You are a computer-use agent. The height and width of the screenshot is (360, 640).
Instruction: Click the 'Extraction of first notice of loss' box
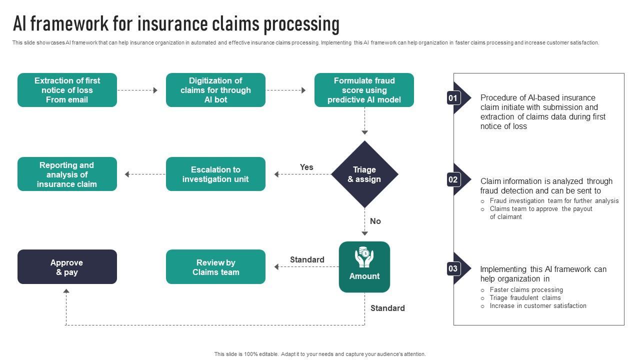pos(67,90)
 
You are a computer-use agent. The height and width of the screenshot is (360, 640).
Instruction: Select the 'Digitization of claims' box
pos(215,90)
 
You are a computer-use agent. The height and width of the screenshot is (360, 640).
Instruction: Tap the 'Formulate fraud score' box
pos(364,90)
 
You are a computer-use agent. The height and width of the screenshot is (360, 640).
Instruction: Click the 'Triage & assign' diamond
pos(364,174)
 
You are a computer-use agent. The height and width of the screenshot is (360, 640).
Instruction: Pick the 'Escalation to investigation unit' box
pos(215,174)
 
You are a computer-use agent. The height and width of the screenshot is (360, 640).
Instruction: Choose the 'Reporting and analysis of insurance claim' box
pos(67,174)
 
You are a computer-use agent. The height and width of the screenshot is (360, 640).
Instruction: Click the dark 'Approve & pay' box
pos(67,267)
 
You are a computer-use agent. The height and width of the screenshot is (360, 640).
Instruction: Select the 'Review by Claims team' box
pos(215,267)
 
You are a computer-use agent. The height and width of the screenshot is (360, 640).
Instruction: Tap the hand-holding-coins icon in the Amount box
pos(364,257)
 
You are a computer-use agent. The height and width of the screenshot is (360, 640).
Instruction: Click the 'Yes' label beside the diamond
pos(306,167)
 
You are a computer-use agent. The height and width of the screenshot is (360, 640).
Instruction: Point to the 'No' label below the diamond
pos(375,221)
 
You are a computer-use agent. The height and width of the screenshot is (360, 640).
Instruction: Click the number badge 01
pos(452,98)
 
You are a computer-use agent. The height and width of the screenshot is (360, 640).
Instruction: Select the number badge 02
pos(452,179)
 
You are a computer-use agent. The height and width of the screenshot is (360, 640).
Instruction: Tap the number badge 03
pos(452,268)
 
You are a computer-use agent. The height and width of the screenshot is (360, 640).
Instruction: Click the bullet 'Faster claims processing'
pos(526,290)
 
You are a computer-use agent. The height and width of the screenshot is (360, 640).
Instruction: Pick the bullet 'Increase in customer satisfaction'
pos(538,306)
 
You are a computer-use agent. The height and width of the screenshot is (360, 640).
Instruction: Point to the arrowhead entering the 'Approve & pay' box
pos(66,291)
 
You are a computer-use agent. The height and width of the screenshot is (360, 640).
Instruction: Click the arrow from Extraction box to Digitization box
pos(137,90)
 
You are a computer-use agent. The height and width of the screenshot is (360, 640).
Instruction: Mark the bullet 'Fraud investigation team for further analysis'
pos(554,201)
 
